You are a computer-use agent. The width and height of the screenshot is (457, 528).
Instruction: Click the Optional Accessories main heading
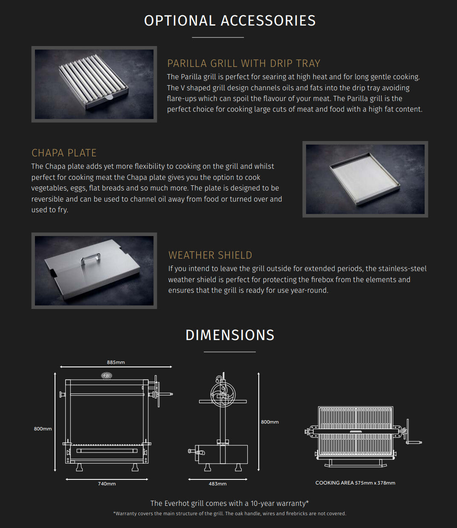pos(230,20)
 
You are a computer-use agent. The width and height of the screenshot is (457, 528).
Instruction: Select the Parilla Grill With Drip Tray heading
pos(243,63)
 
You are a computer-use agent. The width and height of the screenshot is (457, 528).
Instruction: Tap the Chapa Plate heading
pos(64,153)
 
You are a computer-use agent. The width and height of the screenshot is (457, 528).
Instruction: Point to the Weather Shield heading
pos(210,255)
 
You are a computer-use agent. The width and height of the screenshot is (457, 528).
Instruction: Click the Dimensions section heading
pos(230,335)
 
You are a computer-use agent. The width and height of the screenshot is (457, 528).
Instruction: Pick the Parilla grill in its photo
pos(93,82)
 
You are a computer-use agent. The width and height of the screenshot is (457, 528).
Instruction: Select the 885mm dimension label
pos(116,362)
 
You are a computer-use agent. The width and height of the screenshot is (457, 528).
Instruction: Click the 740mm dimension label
pos(107,484)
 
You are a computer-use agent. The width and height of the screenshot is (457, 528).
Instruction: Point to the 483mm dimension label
pos(217,484)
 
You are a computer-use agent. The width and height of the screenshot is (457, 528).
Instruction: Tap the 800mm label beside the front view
pos(43,429)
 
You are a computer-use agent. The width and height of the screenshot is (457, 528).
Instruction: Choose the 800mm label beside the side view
pos(270,422)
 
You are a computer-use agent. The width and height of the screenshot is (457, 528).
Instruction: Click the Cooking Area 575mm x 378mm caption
pos(355,483)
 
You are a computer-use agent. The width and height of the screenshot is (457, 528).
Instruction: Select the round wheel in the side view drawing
pos(223,394)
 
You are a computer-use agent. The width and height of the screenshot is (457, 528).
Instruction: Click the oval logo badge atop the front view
pos(106,375)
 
